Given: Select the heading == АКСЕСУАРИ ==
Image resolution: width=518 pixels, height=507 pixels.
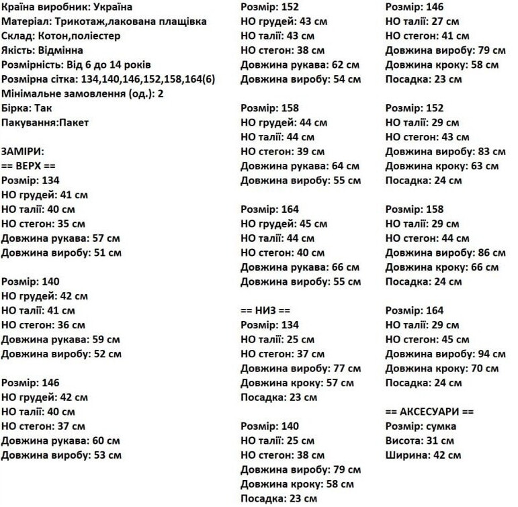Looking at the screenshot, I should [429, 412].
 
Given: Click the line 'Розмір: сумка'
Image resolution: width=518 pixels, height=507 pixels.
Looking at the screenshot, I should [421, 426].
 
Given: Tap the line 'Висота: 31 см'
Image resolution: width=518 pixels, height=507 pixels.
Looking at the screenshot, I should [419, 441].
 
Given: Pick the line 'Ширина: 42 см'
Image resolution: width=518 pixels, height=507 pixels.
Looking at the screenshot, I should [423, 455].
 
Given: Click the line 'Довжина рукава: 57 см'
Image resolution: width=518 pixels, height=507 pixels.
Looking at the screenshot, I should [60, 238].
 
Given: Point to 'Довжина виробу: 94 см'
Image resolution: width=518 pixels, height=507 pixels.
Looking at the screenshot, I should [445, 354].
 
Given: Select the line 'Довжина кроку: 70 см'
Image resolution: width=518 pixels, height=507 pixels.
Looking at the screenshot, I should [441, 369].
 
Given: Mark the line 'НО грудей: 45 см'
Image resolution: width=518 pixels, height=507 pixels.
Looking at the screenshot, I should [284, 224].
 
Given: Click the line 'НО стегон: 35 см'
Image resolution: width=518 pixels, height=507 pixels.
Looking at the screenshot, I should [43, 224].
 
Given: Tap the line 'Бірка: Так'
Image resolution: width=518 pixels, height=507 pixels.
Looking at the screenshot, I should [26, 108].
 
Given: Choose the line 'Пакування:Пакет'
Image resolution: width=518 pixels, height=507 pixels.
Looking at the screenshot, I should [44, 123].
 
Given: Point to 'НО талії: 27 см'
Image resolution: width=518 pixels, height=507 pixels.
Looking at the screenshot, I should [422, 21].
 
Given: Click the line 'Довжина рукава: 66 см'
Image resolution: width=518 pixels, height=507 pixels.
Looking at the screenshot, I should [300, 267].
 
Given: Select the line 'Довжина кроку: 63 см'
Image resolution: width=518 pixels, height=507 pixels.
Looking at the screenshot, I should [441, 166].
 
